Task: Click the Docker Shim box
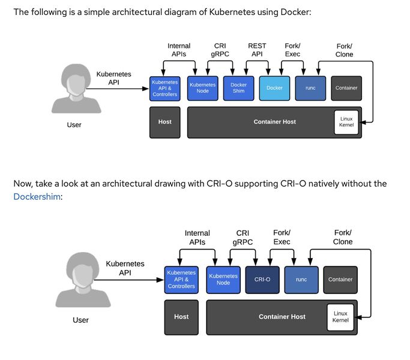click(x=238, y=88)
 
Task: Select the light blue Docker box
click(x=274, y=88)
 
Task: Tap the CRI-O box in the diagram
click(x=262, y=280)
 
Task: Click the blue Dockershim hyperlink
click(x=37, y=196)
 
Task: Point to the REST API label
click(x=257, y=50)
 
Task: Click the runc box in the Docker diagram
click(x=310, y=88)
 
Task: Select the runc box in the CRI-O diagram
click(x=301, y=280)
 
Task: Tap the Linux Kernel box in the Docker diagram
click(x=346, y=122)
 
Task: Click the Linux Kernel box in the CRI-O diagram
click(x=340, y=317)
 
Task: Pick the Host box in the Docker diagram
click(x=164, y=122)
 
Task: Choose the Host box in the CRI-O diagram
click(x=181, y=317)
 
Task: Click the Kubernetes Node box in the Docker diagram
click(x=202, y=88)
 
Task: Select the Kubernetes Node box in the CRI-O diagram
click(x=223, y=280)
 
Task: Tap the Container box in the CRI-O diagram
click(x=340, y=280)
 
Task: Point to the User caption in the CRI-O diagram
click(x=81, y=320)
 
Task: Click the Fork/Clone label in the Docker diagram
click(x=344, y=50)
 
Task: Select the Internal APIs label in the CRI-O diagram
click(x=197, y=238)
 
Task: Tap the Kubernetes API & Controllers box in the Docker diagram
click(x=164, y=88)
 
